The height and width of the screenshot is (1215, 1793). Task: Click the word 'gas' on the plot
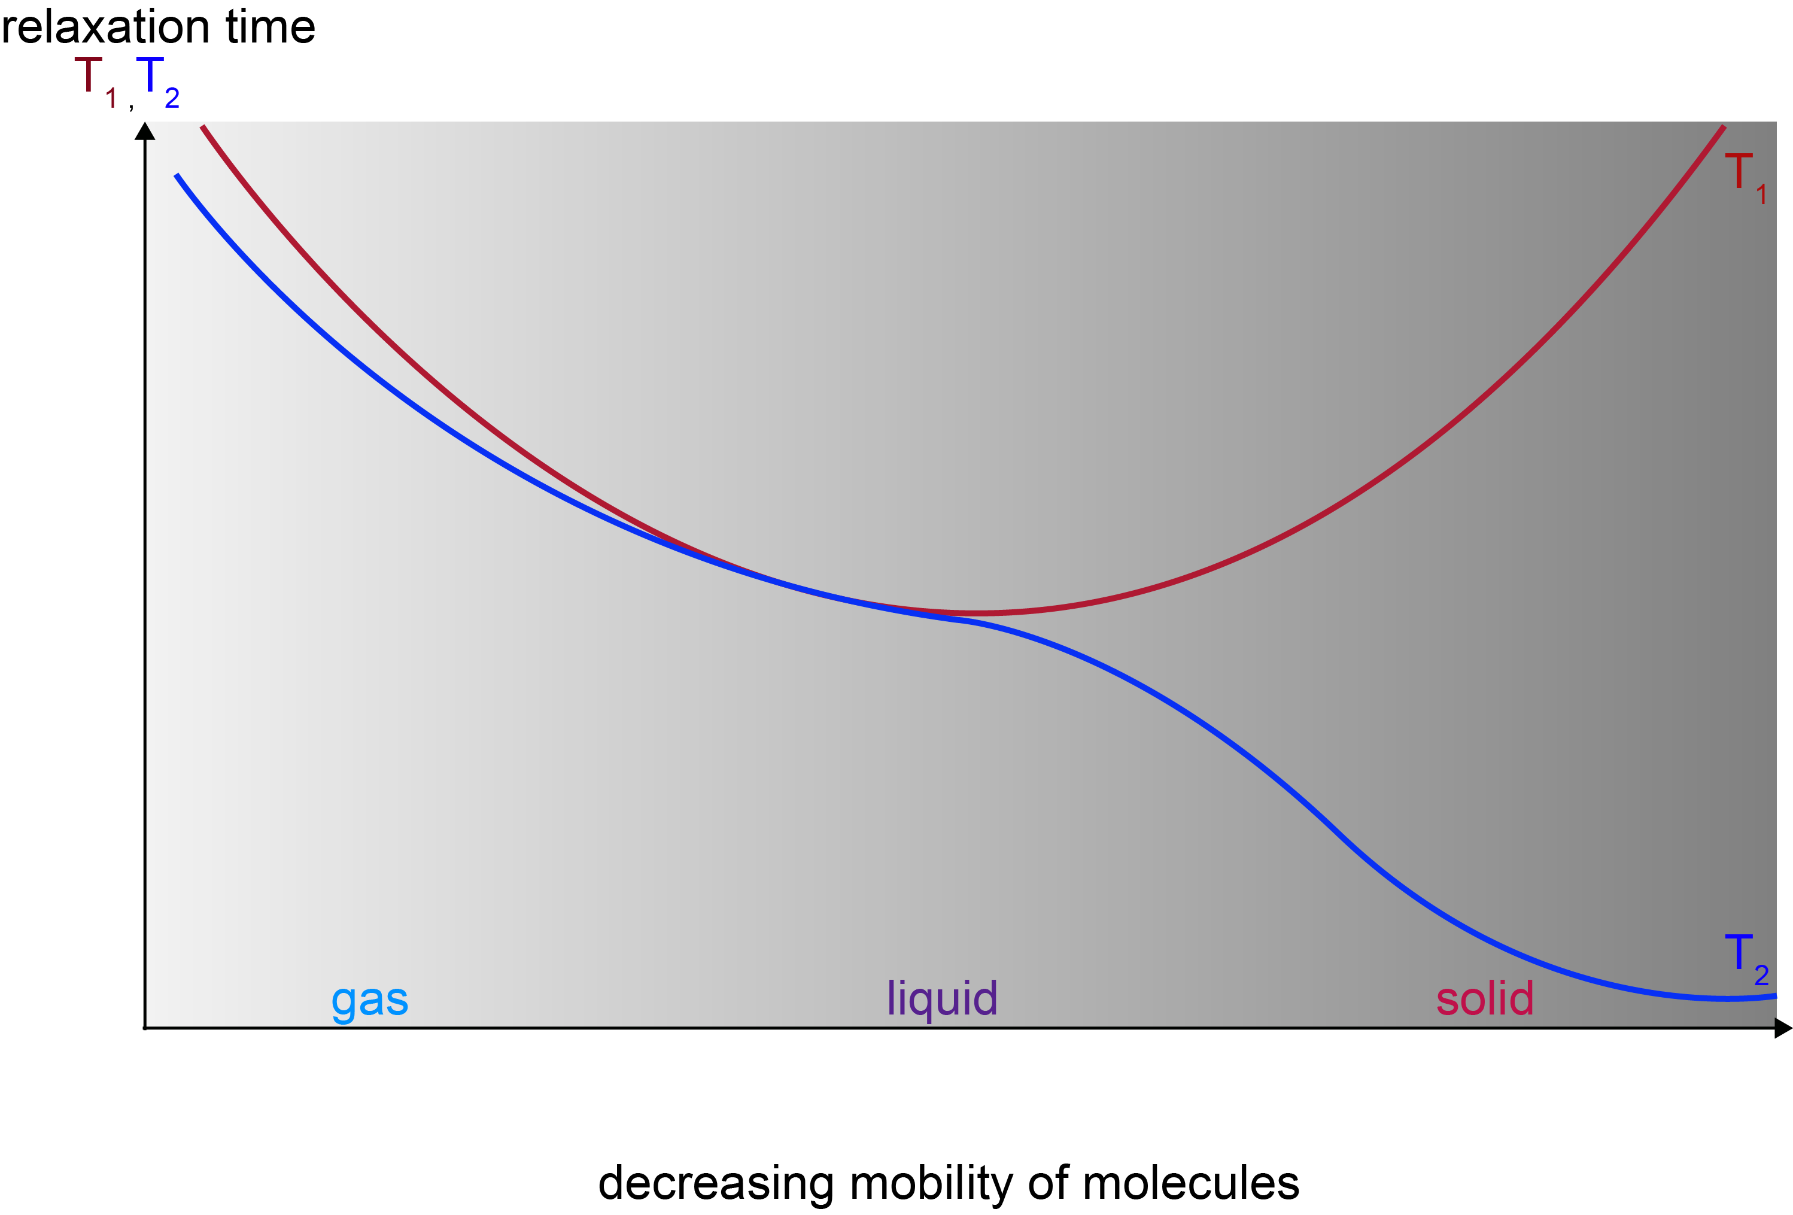click(370, 1001)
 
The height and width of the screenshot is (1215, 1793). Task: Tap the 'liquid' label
click(942, 998)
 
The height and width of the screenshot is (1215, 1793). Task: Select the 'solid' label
click(1484, 998)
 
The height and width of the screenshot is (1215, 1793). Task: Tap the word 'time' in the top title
click(270, 27)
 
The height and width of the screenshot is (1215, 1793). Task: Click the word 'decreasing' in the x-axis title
click(716, 1183)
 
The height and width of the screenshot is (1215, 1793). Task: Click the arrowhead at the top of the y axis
click(145, 131)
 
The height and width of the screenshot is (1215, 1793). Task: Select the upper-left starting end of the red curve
click(203, 126)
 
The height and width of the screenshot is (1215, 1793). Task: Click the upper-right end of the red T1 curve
click(1723, 126)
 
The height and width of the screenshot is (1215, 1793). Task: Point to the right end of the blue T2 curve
click(1775, 996)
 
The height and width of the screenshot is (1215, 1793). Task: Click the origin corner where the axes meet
click(145, 1028)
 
